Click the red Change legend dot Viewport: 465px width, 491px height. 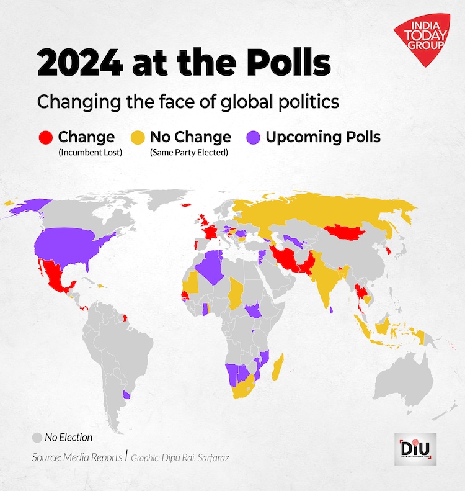[45, 137]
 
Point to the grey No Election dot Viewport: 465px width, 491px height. [37, 437]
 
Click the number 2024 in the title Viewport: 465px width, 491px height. [83, 64]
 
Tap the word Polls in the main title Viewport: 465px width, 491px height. [285, 64]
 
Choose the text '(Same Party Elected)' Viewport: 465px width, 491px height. [190, 152]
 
